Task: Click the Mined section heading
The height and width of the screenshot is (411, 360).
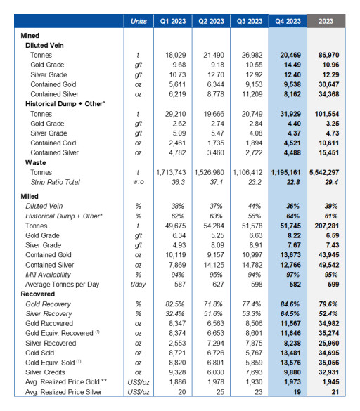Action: (30, 34)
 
